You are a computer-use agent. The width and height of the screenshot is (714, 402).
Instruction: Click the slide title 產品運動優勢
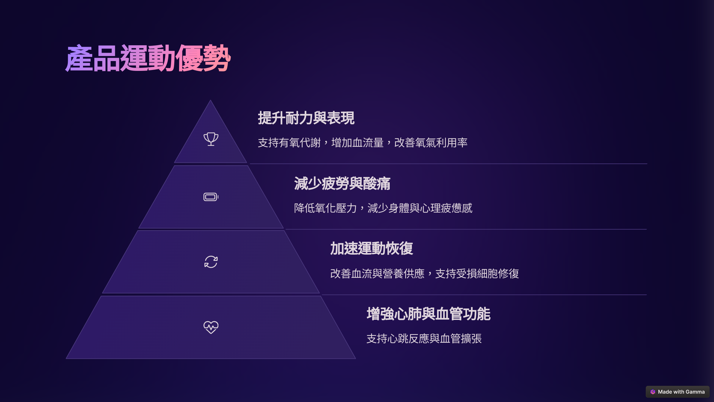[148, 58]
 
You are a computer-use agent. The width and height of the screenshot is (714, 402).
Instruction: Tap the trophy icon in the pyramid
[211, 139]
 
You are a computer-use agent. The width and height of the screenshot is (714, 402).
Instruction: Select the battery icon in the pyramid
[211, 197]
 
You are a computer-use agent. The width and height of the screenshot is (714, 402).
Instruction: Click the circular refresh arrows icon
[211, 262]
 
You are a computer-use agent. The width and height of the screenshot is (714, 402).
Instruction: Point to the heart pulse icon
[211, 327]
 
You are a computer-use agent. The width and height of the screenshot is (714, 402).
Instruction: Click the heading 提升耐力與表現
[306, 118]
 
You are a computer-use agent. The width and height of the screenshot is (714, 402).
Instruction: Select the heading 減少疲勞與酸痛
[342, 183]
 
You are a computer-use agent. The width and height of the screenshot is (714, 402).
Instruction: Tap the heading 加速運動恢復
[372, 249]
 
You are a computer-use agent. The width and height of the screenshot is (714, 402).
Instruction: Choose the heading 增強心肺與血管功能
[428, 314]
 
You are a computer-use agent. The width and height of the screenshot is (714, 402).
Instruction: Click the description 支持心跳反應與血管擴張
[424, 339]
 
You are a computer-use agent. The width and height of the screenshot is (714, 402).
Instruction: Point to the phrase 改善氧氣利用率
[431, 143]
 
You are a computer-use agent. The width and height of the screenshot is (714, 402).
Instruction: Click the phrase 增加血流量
[357, 143]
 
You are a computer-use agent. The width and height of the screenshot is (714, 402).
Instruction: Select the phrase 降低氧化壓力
[325, 208]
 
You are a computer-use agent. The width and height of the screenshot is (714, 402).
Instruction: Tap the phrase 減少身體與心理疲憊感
[420, 208]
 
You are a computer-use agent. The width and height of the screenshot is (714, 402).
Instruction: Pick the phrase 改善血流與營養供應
[377, 273]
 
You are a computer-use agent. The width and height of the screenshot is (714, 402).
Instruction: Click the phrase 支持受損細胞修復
[477, 273]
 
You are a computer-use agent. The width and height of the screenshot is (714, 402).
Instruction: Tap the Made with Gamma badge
[677, 392]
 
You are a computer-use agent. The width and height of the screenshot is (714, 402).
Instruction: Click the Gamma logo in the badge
[653, 392]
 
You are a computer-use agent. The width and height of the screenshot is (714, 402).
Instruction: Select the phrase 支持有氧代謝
[289, 143]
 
